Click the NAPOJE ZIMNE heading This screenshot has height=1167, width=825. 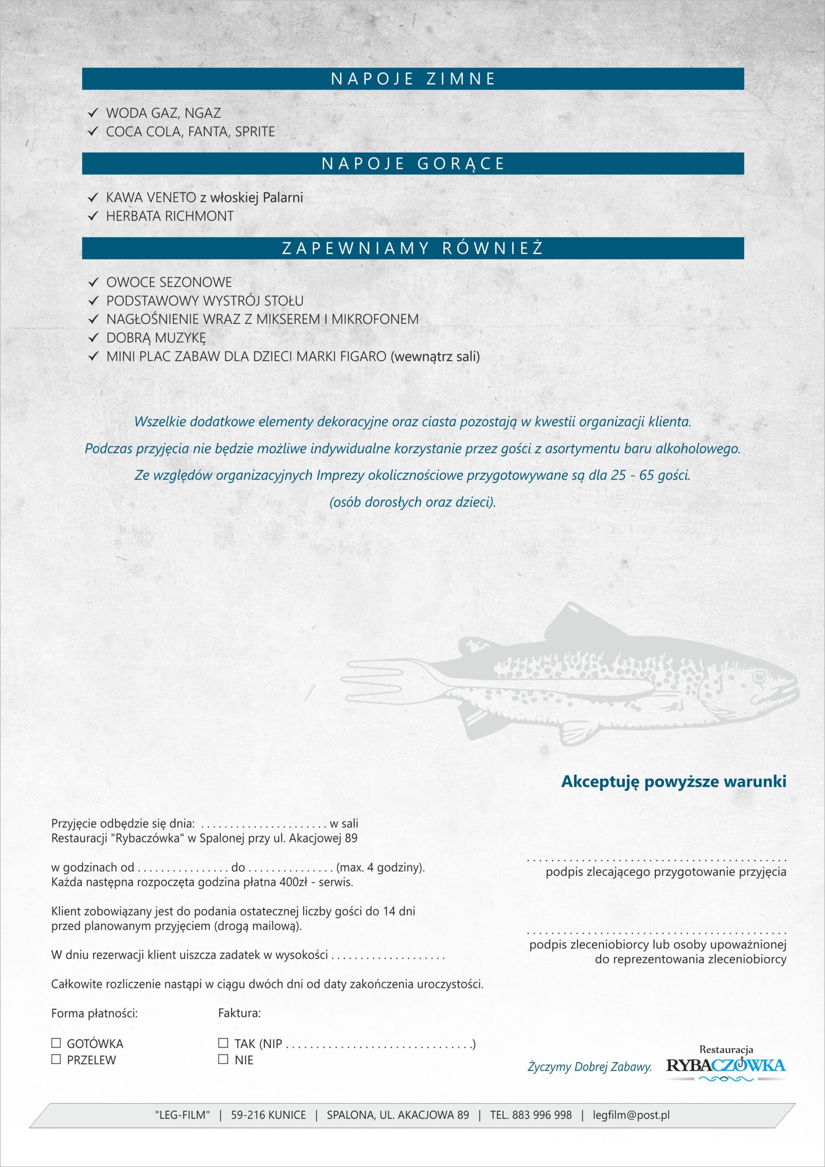413,79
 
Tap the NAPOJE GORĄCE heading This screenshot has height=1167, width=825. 413,164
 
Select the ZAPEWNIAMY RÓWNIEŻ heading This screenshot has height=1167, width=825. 413,248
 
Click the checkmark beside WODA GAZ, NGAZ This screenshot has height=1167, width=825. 93,113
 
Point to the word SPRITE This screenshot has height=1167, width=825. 255,132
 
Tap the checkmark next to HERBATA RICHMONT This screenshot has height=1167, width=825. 93,216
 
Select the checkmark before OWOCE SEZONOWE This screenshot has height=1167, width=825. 93,282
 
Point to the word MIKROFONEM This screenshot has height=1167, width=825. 375,319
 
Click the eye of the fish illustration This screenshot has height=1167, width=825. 759,677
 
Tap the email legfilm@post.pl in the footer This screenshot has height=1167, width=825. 631,1115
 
